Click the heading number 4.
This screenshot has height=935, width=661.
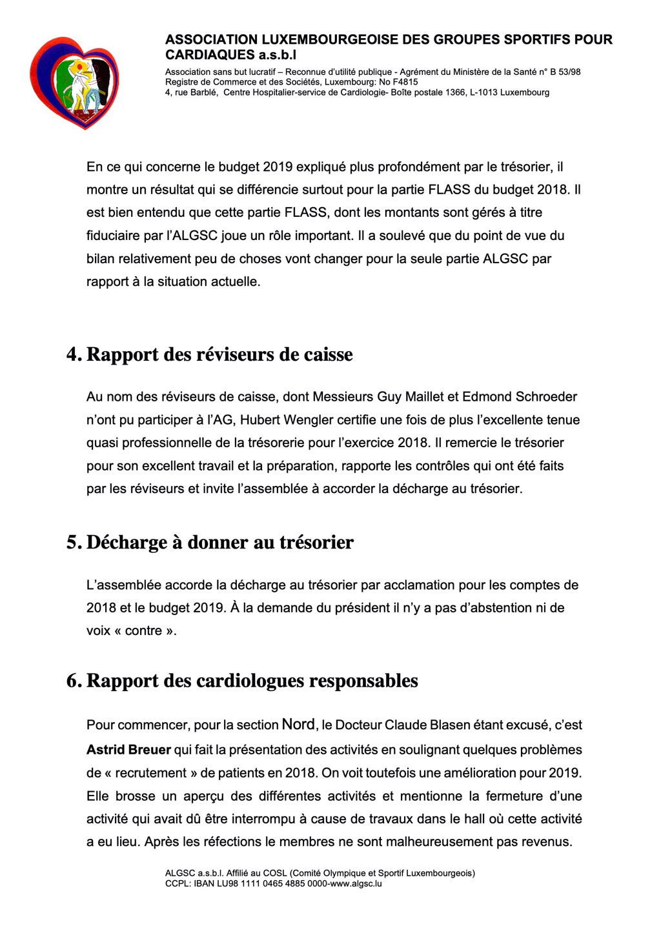coord(73,355)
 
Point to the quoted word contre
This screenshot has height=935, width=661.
coord(143,631)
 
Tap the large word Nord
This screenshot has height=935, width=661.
coord(298,725)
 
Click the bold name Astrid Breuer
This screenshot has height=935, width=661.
coord(128,750)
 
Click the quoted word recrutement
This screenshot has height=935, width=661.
coord(142,773)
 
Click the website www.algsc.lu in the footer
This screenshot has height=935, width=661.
coord(356,883)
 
